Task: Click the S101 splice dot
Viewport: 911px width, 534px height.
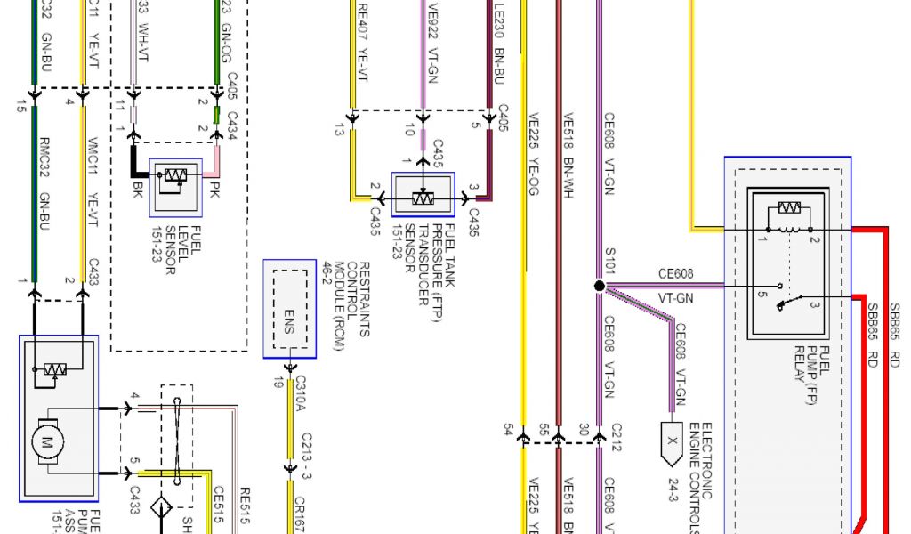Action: click(599, 286)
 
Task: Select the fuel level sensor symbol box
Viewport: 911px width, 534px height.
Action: click(176, 187)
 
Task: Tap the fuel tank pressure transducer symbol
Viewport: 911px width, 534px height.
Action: click(423, 194)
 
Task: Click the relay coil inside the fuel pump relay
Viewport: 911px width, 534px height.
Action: click(788, 209)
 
